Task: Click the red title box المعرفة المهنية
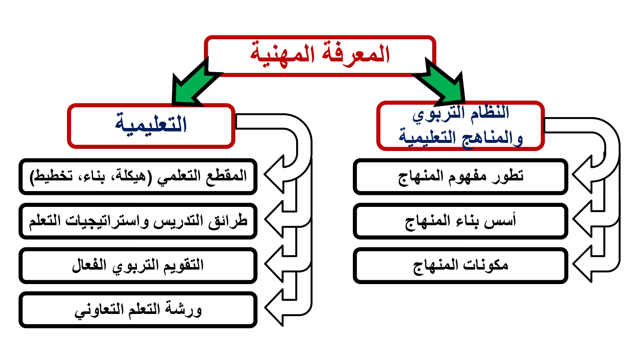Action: (320, 56)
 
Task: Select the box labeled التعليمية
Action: (151, 126)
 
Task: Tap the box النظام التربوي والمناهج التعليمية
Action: (460, 126)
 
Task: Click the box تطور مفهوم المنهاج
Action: (460, 177)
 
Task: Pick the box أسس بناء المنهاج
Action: (460, 221)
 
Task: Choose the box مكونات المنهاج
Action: (460, 266)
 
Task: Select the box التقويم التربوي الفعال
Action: (138, 266)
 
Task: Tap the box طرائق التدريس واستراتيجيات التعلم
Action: (138, 221)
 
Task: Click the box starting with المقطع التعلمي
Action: (138, 177)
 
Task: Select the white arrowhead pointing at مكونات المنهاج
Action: (583, 264)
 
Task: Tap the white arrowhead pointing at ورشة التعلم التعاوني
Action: (275, 308)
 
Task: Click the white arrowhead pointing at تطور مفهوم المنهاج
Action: (583, 174)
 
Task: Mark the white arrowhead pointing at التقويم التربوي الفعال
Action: (275, 264)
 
